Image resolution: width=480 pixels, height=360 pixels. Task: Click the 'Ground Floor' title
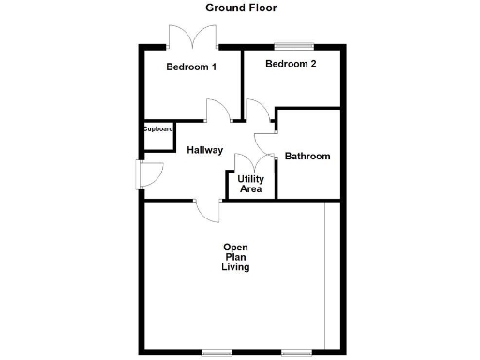pos(241,7)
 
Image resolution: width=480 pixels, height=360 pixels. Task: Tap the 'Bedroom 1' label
pos(191,67)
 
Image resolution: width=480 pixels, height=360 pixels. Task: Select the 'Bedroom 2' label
pos(291,64)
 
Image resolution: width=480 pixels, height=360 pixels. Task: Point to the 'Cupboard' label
pos(157,129)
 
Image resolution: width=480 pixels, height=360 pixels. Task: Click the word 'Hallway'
pos(204,150)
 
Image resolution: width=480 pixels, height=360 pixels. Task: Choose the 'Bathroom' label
pos(307,157)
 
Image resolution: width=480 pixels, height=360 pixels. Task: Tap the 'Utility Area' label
pos(250,184)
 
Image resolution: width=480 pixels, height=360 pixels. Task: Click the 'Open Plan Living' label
pos(235,257)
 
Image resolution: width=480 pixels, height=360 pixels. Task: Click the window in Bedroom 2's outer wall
pos(292,45)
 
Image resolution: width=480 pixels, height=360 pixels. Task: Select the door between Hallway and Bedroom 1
pos(218,112)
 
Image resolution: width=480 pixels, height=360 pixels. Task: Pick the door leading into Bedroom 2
pos(254,111)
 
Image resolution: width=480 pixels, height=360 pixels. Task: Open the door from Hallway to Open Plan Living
pos(208,210)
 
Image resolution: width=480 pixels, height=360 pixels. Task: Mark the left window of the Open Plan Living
pos(217,352)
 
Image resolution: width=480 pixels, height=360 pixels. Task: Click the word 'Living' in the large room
pos(235,267)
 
